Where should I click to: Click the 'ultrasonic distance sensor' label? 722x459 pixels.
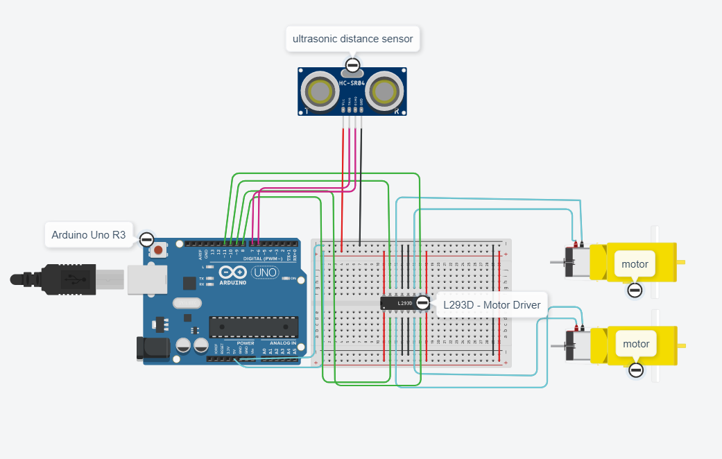point(352,39)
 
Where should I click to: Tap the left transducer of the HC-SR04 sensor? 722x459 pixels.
point(320,91)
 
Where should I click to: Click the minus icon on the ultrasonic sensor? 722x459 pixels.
point(352,67)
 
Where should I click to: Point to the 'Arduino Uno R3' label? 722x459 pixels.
point(88,235)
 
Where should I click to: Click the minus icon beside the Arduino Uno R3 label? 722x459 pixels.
point(146,239)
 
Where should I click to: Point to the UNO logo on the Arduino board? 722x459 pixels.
point(264,273)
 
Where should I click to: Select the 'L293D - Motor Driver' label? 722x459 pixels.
point(491,305)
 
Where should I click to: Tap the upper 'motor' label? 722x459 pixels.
point(635,264)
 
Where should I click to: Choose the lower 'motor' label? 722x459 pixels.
point(636,344)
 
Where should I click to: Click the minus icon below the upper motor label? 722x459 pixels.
point(635,290)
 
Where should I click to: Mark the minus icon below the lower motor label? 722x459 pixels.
point(636,370)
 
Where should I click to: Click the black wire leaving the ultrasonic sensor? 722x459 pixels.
point(360,180)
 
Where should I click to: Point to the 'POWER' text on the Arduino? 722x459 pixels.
point(246,343)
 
